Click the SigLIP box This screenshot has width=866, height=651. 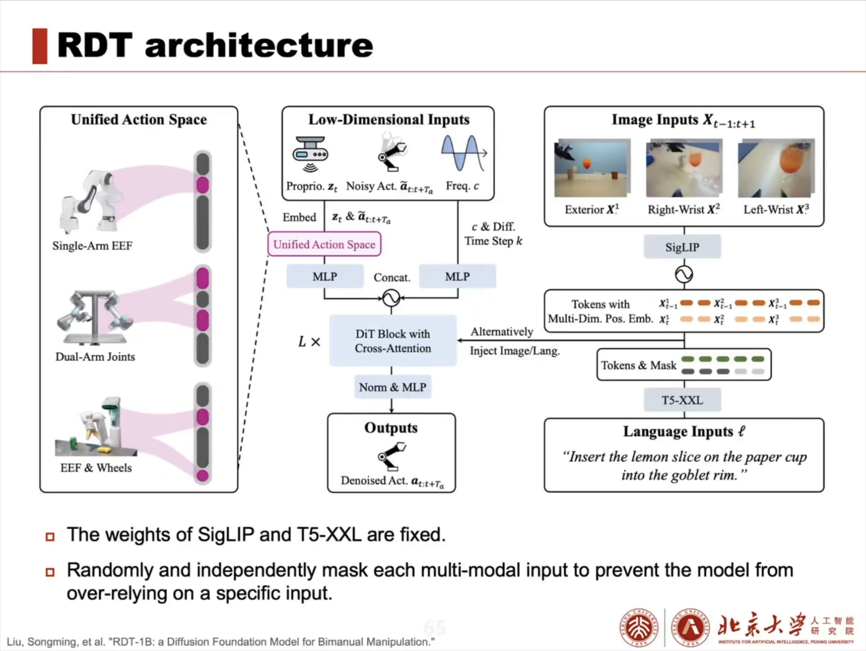(x=682, y=247)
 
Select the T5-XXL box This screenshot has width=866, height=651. (x=682, y=400)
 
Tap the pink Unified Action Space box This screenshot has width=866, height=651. (x=324, y=244)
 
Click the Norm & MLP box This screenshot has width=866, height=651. (x=392, y=387)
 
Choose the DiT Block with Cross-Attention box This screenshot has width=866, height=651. (x=393, y=341)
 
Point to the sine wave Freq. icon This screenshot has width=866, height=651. (x=463, y=153)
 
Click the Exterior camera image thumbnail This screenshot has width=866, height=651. (x=592, y=168)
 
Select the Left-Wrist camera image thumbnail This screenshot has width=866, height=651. (x=776, y=168)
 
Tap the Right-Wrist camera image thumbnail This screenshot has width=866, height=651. (x=684, y=168)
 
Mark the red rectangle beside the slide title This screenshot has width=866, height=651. (x=39, y=46)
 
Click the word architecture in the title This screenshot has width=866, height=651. (x=259, y=46)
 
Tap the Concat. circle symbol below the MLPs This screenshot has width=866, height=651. (x=391, y=298)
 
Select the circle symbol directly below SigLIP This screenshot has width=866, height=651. (x=684, y=274)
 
